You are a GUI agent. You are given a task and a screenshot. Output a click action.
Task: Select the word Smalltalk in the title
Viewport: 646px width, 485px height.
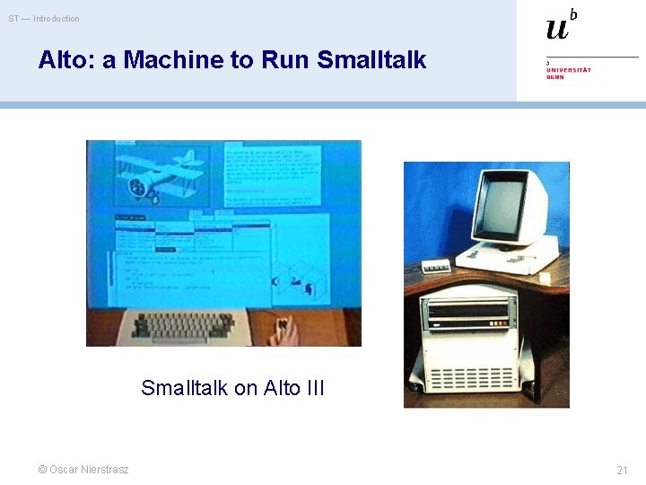coord(371,60)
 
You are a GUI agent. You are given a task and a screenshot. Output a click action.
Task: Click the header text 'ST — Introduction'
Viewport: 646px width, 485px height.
coord(44,19)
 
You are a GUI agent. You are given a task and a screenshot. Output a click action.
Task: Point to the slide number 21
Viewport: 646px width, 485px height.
coord(622,470)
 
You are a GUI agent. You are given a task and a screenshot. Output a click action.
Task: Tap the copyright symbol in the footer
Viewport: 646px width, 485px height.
coord(41,470)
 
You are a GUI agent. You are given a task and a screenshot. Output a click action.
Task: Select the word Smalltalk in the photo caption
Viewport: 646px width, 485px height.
coord(185,388)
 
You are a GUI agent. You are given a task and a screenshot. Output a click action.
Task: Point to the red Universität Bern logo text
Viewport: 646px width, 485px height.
coord(569,73)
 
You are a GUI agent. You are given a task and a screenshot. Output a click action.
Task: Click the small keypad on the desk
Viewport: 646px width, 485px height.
coord(437,267)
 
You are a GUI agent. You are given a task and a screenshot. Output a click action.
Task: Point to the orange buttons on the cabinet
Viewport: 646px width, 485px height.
coord(467,325)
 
